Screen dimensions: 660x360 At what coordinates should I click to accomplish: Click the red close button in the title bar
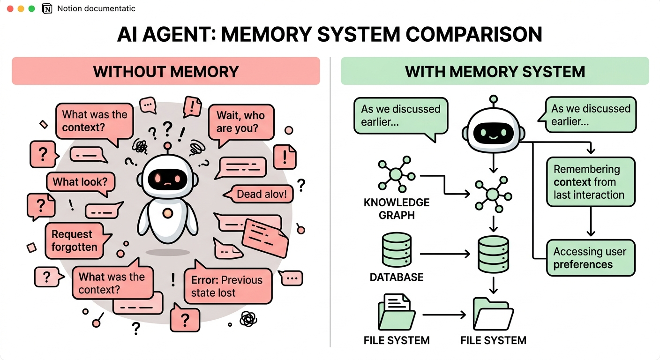pyautogui.click(x=10, y=9)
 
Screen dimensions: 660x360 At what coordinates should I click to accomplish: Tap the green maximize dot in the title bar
pyautogui.click(x=31, y=9)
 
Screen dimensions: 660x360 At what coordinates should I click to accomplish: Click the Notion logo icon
pyautogui.click(x=47, y=9)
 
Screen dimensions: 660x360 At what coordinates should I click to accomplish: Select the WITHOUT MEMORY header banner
pyautogui.click(x=166, y=71)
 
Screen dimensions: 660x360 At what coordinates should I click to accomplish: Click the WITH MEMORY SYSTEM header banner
pyautogui.click(x=495, y=71)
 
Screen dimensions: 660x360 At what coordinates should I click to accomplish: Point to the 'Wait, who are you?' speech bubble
pyautogui.click(x=241, y=123)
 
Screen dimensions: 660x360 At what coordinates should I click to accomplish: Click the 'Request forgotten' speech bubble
pyautogui.click(x=76, y=240)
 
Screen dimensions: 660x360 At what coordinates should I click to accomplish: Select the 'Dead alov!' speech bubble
pyautogui.click(x=259, y=194)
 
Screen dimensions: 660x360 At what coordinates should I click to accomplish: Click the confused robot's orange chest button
pyautogui.click(x=168, y=213)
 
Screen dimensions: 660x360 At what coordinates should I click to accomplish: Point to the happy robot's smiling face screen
pyautogui.click(x=493, y=133)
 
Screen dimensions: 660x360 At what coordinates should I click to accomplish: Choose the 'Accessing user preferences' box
pyautogui.click(x=591, y=258)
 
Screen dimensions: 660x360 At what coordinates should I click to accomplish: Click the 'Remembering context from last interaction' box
pyautogui.click(x=591, y=182)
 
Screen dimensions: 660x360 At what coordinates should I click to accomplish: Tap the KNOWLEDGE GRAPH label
pyautogui.click(x=397, y=209)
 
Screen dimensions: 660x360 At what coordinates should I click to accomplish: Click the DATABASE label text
pyautogui.click(x=397, y=277)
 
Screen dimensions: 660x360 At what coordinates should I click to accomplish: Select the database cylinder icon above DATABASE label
pyautogui.click(x=397, y=250)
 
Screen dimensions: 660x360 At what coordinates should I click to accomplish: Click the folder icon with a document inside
pyautogui.click(x=396, y=312)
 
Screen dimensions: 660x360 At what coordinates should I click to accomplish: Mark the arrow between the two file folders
pyautogui.click(x=444, y=315)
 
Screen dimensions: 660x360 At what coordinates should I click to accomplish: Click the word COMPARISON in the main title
pyautogui.click(x=474, y=35)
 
